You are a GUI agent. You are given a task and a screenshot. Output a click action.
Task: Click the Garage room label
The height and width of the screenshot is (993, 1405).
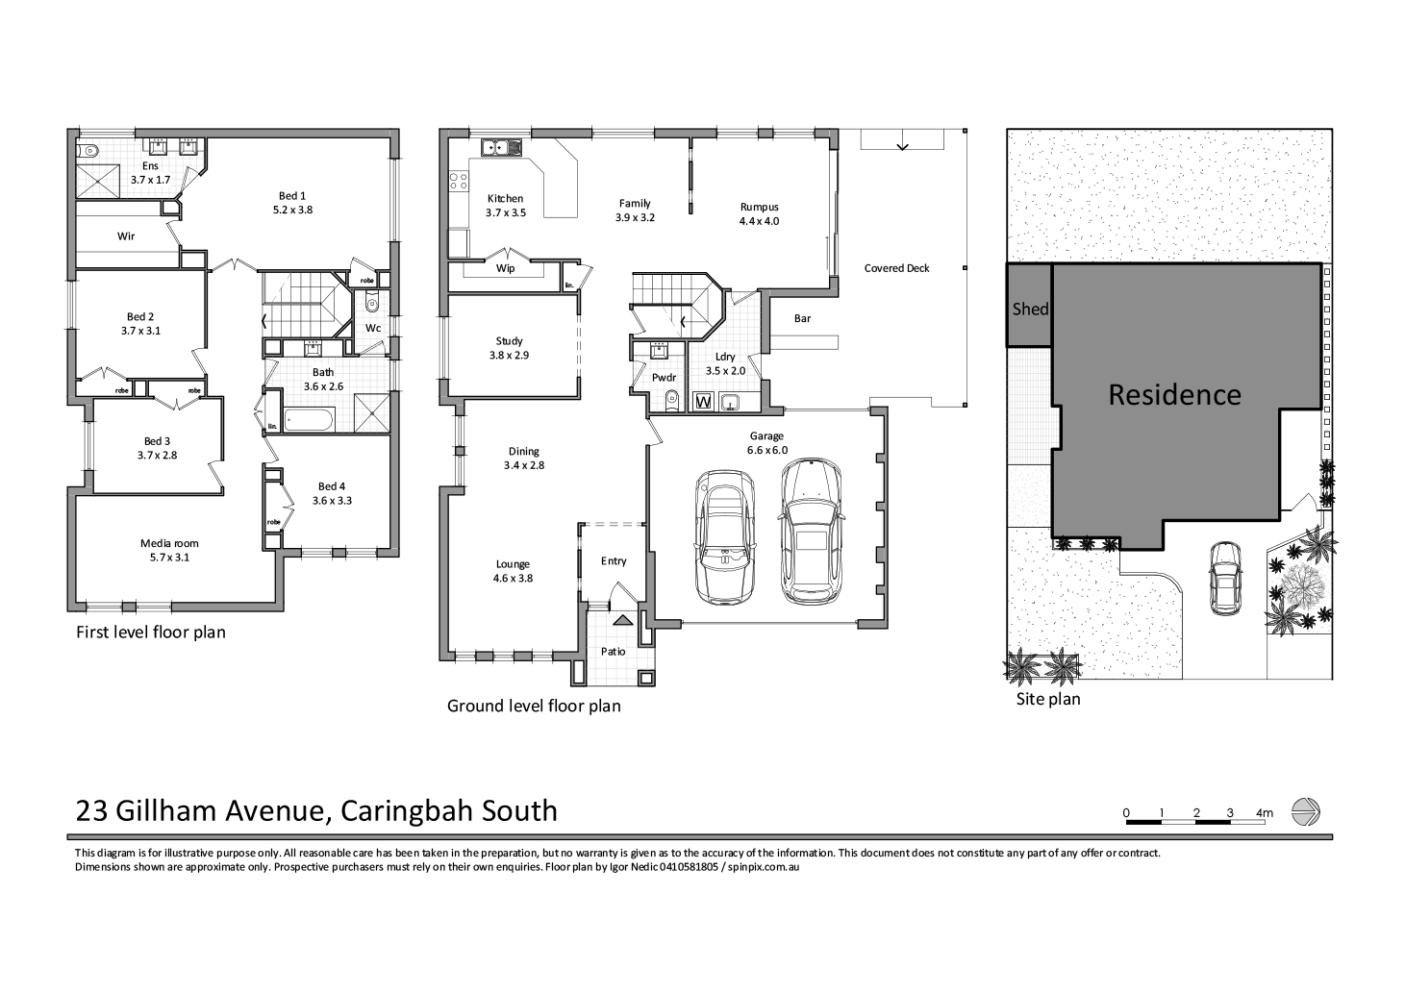[x=766, y=435]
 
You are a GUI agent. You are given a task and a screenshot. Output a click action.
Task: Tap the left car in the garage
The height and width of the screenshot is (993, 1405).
[x=725, y=537]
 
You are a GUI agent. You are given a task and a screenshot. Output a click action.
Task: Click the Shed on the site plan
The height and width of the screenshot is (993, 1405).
[x=1029, y=308]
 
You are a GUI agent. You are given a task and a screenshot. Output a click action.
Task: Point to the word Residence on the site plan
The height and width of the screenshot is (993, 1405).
[x=1174, y=394]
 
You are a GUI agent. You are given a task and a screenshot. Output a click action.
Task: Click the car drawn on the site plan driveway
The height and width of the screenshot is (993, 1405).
[x=1225, y=577]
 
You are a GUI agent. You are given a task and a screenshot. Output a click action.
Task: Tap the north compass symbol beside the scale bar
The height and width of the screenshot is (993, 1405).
[x=1305, y=812]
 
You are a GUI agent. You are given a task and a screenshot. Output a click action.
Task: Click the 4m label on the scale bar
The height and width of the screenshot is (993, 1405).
[x=1264, y=813]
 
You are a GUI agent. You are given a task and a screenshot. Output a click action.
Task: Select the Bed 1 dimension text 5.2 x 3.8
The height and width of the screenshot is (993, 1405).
[x=292, y=209]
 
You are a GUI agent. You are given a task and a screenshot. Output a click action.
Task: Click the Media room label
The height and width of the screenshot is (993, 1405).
[x=169, y=543]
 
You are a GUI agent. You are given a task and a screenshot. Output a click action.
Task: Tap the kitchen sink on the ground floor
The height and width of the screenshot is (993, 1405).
[x=500, y=148]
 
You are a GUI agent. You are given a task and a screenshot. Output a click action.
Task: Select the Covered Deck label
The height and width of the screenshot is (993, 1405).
[x=896, y=268]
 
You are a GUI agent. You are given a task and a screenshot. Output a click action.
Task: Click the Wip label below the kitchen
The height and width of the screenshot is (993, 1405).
[x=505, y=268]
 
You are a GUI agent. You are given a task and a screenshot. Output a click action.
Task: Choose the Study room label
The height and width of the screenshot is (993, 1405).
[x=509, y=341]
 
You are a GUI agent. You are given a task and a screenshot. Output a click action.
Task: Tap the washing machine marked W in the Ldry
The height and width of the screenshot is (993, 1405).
[x=703, y=401]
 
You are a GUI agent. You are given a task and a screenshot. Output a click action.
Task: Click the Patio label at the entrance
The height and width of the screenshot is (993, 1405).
[x=613, y=651]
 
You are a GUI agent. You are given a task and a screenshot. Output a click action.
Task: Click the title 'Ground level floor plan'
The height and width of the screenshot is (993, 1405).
[x=534, y=706]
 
